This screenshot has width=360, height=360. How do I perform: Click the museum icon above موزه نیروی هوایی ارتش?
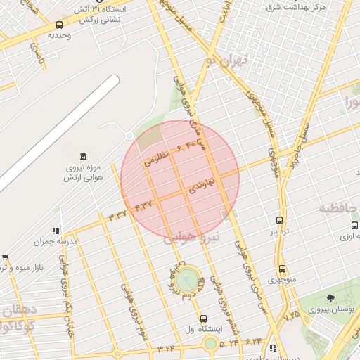[x=84, y=155]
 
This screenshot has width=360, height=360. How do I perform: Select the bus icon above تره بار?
[x=280, y=220]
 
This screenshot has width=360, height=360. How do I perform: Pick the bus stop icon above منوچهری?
[x=282, y=269]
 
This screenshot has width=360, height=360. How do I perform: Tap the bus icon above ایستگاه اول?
[x=203, y=319]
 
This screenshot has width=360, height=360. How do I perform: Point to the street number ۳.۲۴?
[x=166, y=347]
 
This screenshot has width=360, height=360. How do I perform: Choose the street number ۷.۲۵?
[x=291, y=316]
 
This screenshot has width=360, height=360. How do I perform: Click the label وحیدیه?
[x=59, y=34]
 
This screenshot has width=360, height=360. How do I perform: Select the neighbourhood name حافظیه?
[x=339, y=209]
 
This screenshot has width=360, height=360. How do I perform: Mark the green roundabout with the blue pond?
[x=186, y=279]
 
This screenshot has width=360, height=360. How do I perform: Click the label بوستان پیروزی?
[x=330, y=309]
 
